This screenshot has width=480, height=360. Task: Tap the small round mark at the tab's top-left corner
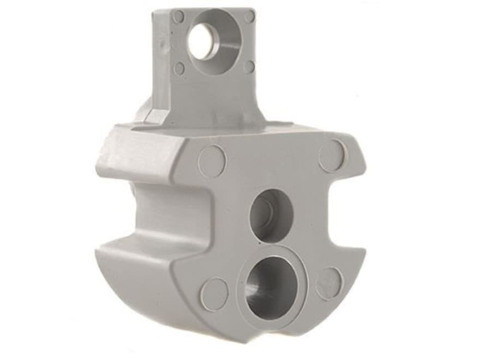pos(178,16)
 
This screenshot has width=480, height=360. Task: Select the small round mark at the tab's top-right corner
pos(249,17)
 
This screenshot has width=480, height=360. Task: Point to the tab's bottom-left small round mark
pos(179,68)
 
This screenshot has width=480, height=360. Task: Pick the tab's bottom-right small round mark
pos(249,67)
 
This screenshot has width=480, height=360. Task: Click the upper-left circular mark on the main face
pos(212,161)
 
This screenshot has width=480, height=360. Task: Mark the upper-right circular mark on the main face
pos(332,155)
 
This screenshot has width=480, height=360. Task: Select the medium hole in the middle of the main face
pos(271,214)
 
